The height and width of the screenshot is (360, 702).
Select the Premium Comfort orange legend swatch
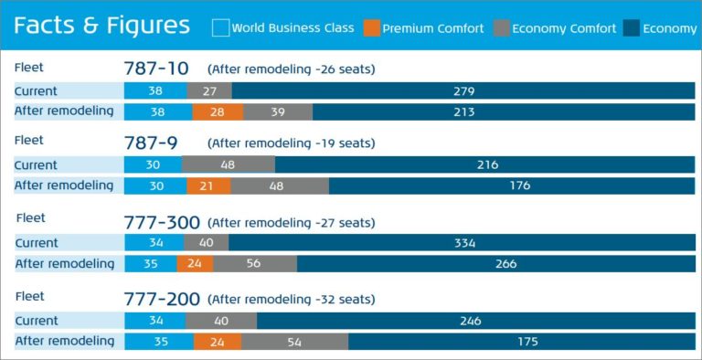click(370, 28)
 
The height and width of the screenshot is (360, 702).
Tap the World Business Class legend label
click(292, 28)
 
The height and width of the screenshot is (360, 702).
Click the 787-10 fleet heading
click(156, 69)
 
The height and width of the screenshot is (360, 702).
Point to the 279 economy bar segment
click(463, 90)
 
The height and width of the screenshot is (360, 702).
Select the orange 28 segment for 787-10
click(218, 111)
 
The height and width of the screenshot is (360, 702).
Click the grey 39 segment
click(278, 111)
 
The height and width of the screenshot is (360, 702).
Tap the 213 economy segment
click(504, 111)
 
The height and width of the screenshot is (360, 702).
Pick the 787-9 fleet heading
click(151, 143)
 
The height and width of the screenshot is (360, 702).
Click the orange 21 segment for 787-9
click(208, 185)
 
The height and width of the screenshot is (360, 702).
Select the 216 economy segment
click(485, 165)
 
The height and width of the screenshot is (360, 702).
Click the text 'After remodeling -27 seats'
click(291, 222)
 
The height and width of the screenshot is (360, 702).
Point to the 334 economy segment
click(462, 243)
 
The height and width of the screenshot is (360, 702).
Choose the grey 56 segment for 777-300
click(255, 264)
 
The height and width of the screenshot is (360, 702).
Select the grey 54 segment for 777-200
click(294, 342)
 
